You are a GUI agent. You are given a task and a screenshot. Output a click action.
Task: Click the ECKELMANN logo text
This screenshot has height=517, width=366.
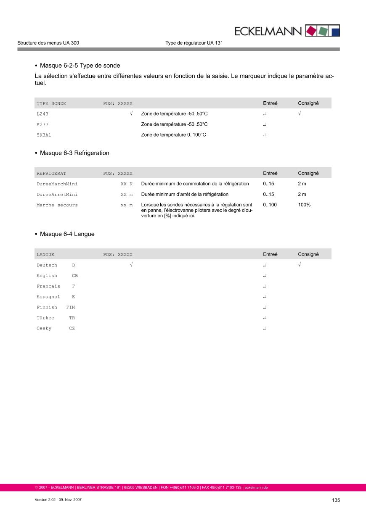tap(268, 31)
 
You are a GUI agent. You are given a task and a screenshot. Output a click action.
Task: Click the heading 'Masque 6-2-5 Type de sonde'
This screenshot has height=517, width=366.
tap(80, 66)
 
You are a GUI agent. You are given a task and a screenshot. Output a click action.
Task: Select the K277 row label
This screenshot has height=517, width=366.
tap(42, 124)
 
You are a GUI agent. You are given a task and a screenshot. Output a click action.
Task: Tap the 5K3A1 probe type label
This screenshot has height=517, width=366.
tap(44, 135)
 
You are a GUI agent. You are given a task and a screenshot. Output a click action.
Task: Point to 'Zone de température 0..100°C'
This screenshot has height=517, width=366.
tap(174, 135)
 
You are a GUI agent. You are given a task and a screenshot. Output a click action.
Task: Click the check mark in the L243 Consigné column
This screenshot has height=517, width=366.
tap(300, 114)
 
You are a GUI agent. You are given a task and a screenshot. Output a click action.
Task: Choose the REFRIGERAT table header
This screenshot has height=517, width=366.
tap(51, 173)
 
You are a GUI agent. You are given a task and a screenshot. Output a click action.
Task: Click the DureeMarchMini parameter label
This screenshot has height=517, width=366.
tap(57, 184)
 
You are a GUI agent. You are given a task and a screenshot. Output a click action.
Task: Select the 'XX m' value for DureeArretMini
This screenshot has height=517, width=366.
tap(127, 195)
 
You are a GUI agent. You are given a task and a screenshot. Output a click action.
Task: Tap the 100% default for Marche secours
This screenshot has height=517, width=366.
tap(304, 205)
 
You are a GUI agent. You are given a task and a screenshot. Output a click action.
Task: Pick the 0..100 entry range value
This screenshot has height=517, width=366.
tap(270, 205)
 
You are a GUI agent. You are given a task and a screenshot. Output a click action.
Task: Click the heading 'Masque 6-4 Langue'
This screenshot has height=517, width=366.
tap(67, 234)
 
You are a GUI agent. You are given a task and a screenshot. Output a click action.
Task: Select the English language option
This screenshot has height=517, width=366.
tap(47, 276)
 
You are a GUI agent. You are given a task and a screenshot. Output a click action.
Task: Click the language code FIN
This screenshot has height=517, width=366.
tap(71, 307)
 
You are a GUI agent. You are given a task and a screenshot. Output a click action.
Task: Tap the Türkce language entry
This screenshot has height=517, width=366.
tap(45, 318)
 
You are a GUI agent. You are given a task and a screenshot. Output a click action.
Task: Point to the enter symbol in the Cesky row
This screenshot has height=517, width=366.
tap(264, 328)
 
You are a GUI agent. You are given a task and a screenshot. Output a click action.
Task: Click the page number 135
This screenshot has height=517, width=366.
tap(336, 500)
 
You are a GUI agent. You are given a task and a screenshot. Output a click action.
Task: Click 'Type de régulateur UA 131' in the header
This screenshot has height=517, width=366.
tap(194, 43)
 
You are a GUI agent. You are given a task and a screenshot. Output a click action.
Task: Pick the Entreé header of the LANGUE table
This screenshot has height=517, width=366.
tap(270, 254)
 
